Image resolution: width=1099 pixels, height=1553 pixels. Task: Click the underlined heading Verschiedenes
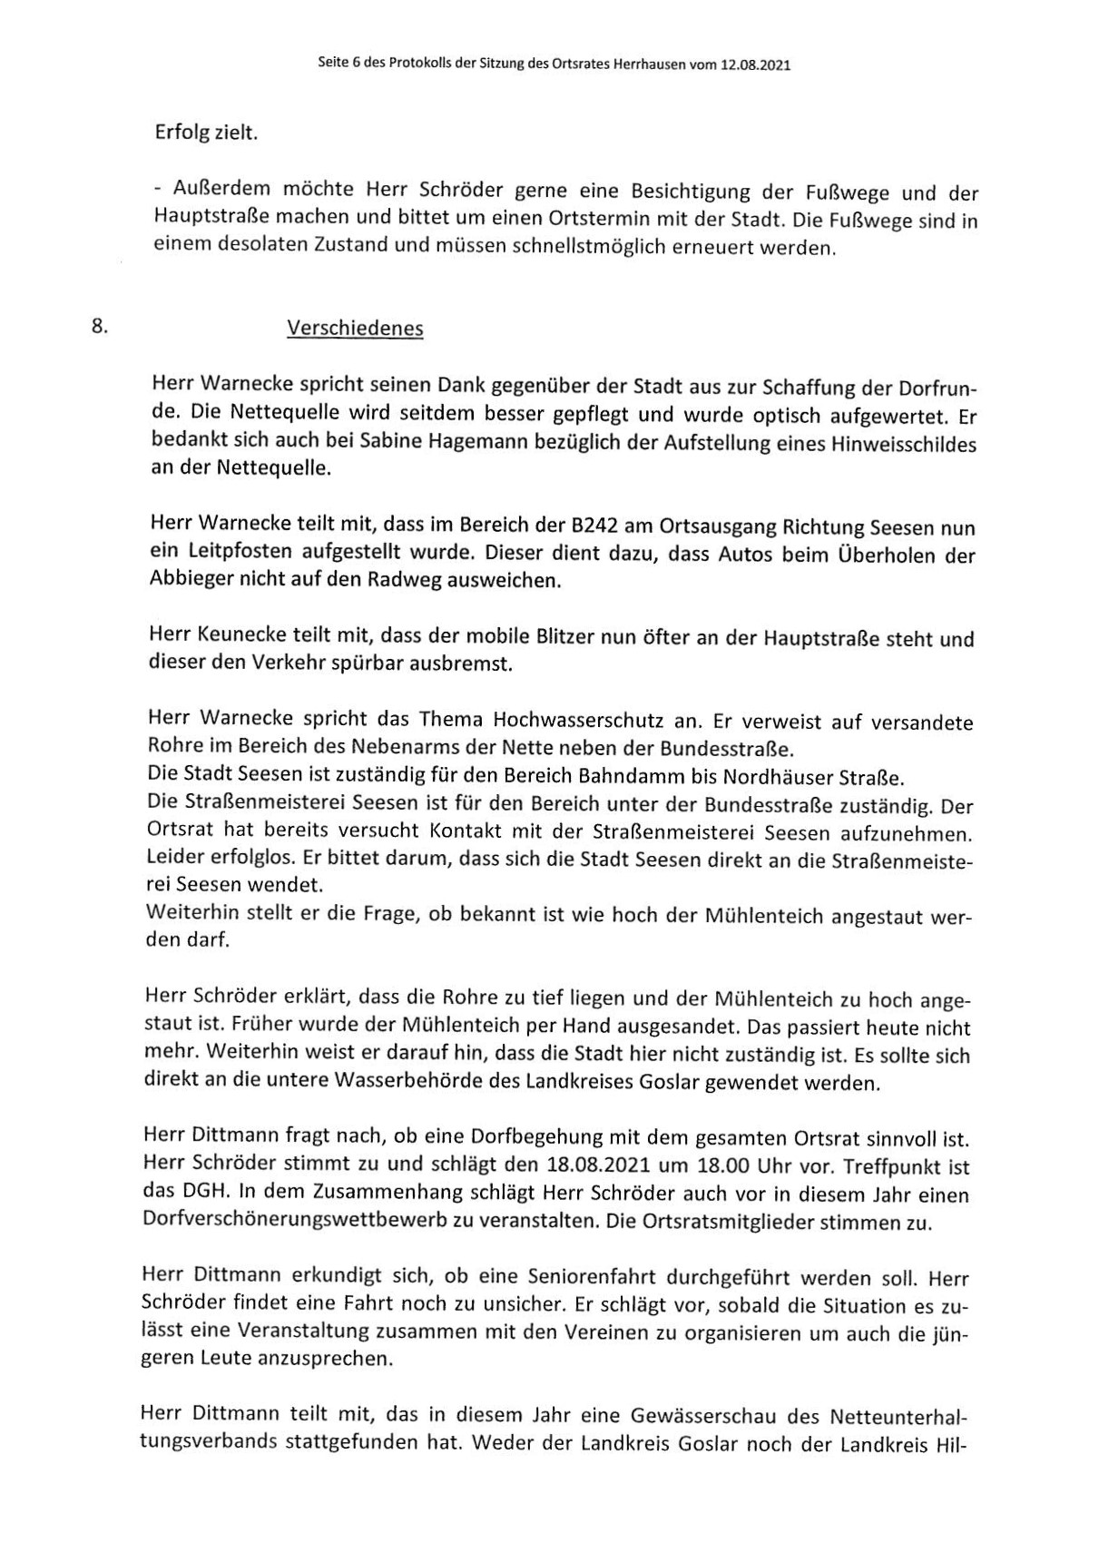pyautogui.click(x=355, y=329)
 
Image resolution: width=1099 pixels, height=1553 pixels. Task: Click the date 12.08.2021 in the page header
pyautogui.click(x=756, y=66)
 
